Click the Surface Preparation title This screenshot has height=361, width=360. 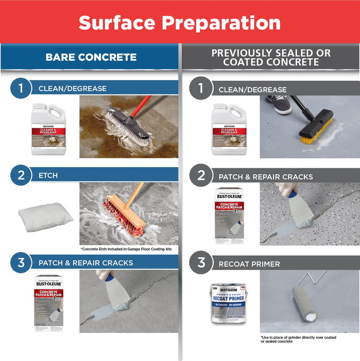tap(180, 23)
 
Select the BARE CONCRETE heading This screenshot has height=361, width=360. tap(91, 57)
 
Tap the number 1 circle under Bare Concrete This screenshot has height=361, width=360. tap(21, 88)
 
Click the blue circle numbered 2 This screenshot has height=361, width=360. tap(21, 175)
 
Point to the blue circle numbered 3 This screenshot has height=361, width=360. tap(21, 262)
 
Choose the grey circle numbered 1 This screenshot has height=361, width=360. tap(201, 89)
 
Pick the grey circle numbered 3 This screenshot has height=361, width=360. tap(201, 264)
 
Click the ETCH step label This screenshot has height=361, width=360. tap(48, 175)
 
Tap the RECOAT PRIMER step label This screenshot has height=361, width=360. tap(249, 264)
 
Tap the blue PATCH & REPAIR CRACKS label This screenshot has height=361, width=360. tap(85, 263)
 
